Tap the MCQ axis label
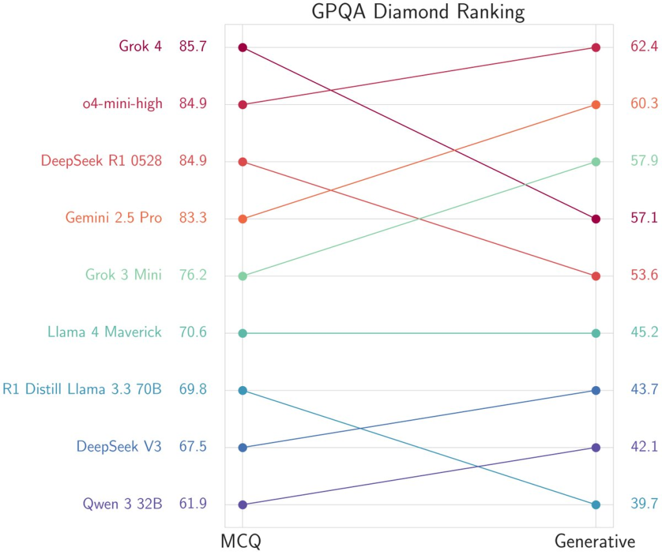(240, 541)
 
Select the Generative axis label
(595, 541)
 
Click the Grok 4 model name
(140, 47)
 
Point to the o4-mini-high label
(122, 104)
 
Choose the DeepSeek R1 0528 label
(101, 161)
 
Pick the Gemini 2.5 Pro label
(114, 218)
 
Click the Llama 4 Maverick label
(105, 333)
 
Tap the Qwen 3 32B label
(122, 505)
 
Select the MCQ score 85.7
(193, 47)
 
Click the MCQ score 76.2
(193, 276)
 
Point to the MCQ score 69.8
(193, 390)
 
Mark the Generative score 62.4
(644, 47)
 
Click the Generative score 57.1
(644, 218)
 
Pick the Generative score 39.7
(644, 505)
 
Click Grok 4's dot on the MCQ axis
(242, 47)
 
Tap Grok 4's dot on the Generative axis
(596, 219)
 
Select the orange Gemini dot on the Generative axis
(596, 104)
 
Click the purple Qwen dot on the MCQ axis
(242, 505)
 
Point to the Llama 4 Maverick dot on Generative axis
(596, 333)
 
